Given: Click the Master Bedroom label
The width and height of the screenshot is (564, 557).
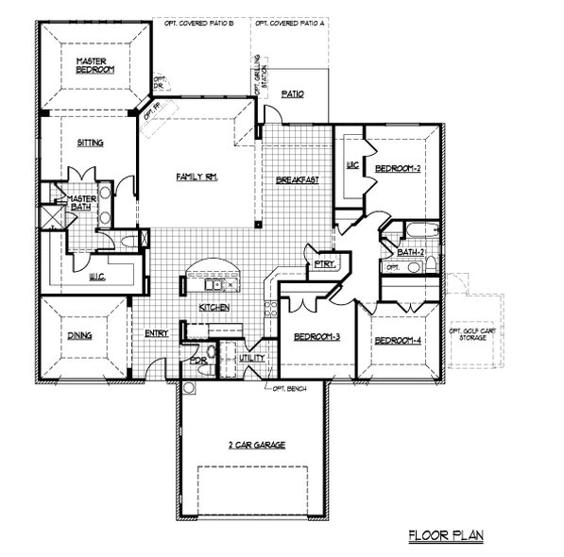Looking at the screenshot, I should point(94,65).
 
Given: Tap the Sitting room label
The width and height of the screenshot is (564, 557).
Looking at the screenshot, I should point(91,143).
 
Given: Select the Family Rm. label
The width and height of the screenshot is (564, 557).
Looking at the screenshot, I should point(197,177).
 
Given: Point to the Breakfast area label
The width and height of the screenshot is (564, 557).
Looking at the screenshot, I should point(297,179).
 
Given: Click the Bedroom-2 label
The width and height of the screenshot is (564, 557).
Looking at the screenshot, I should point(397,168).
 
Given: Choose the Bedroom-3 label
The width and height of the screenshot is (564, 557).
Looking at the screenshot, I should point(316,337).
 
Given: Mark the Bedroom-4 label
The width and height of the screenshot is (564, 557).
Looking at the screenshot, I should point(397,340).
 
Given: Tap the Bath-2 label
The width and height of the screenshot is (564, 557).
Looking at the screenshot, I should point(411,252).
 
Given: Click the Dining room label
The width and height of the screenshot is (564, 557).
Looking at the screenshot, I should point(79,334).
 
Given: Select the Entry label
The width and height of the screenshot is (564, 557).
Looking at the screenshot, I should point(157,333).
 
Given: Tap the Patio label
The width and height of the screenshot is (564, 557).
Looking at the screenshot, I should point(292,93).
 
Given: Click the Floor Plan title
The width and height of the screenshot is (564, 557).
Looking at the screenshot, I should point(445,535).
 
